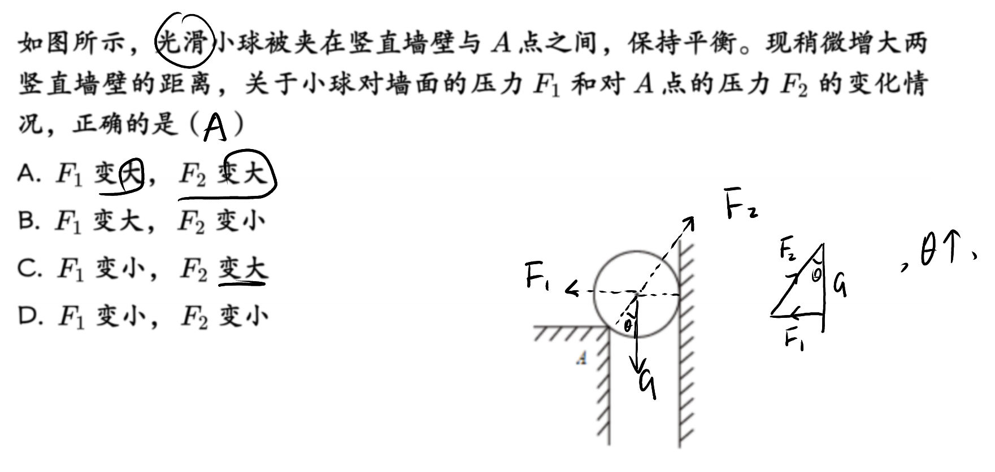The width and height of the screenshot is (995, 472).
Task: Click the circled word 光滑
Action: (x=185, y=42)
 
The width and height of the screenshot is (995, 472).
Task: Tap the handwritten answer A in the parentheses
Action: (x=215, y=127)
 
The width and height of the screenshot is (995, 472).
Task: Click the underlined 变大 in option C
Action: (x=243, y=268)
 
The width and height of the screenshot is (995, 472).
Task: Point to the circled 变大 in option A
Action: (x=246, y=173)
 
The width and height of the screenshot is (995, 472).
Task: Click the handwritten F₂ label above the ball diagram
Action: (x=742, y=206)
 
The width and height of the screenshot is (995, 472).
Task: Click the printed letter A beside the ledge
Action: (x=581, y=358)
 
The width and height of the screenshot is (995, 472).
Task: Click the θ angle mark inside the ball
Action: (x=627, y=325)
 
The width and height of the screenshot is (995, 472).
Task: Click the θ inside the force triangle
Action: (x=816, y=275)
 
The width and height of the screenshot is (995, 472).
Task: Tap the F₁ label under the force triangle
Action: (x=794, y=340)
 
